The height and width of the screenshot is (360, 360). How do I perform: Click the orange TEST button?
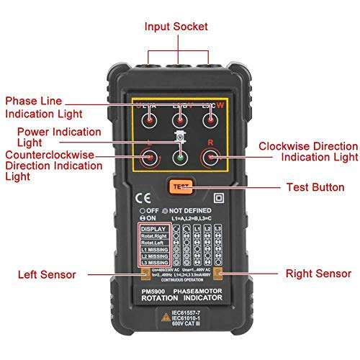[x=181, y=186]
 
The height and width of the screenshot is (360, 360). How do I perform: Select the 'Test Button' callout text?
[x=315, y=187]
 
